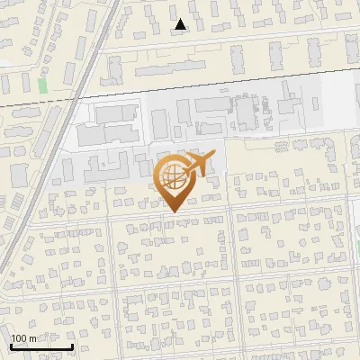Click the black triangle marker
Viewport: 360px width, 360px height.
coord(181,25)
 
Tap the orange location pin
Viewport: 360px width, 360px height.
coord(174,180)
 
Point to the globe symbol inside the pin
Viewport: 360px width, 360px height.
coord(173,175)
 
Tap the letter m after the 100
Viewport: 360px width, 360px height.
coord(33,338)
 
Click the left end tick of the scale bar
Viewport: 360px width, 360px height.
coord(12,345)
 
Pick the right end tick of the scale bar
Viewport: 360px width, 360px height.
coord(73,345)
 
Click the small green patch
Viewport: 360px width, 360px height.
coord(42,85)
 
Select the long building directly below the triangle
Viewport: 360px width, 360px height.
coord(171,68)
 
